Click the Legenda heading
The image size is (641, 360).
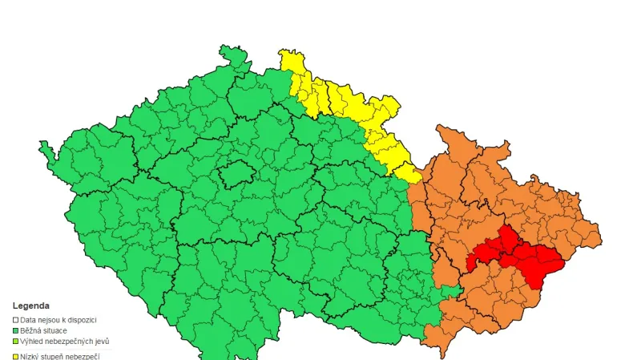(x=30, y=305)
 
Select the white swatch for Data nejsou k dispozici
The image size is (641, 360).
(x=15, y=319)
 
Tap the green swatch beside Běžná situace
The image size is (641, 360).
(x=15, y=330)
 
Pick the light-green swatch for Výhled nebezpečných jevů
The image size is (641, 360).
(x=15, y=342)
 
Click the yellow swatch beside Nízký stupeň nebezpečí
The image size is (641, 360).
(x=15, y=355)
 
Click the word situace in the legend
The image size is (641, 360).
(x=53, y=330)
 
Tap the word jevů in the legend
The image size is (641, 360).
(x=102, y=342)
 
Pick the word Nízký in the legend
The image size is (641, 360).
(x=30, y=355)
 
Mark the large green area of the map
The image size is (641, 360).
(x=240, y=224)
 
